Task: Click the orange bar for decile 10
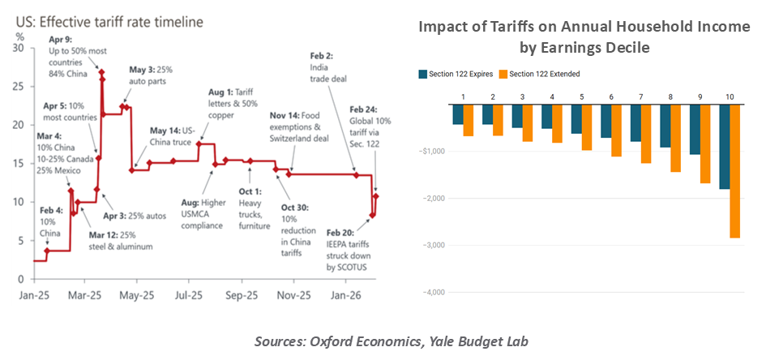tap(734, 171)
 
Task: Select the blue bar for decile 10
tap(723, 147)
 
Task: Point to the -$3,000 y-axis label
tap(432, 245)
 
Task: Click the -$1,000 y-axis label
tap(432, 151)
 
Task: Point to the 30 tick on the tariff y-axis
tap(18, 48)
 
